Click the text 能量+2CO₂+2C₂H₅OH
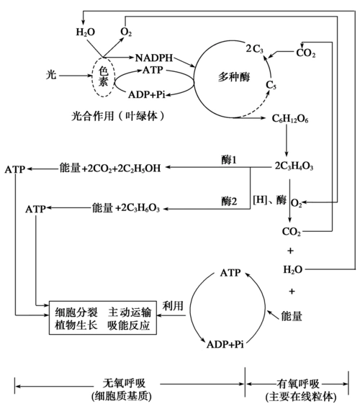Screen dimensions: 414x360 (x=109, y=168)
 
